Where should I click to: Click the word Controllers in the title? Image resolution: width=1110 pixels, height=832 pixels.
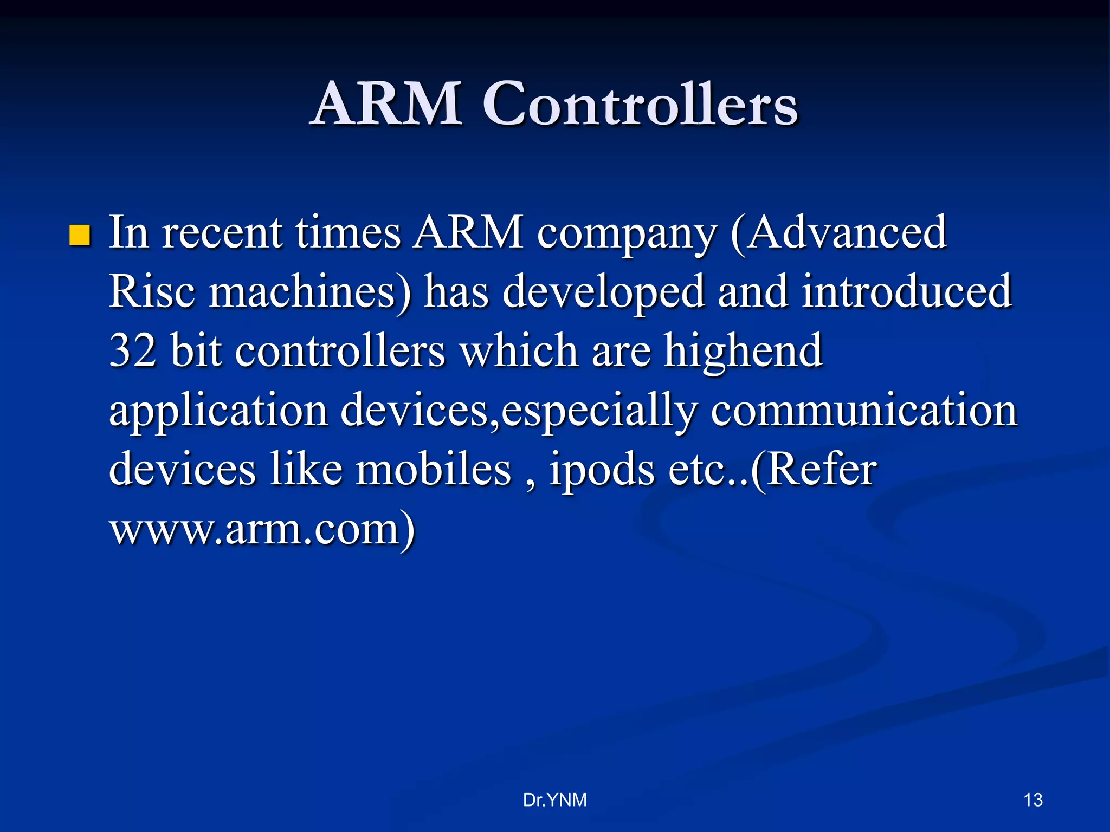pos(640,104)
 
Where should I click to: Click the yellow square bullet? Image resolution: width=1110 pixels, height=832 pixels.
pos(80,236)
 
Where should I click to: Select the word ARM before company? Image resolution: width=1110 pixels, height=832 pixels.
pos(468,233)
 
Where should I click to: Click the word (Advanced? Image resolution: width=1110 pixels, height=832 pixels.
pos(838,233)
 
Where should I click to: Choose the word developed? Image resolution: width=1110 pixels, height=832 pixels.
pos(603,292)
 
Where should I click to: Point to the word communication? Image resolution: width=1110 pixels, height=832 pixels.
pos(864,411)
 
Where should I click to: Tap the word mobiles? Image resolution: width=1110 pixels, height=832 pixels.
pos(433,469)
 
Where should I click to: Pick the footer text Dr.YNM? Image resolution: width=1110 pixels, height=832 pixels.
pos(554,800)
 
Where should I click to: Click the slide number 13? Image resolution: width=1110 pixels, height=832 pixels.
pos(1032,800)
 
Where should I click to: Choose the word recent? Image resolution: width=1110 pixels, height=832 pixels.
pos(222,234)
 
